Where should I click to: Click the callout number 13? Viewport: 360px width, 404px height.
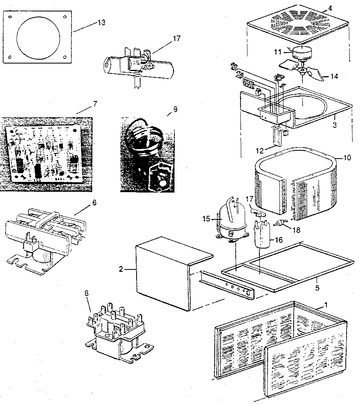(101, 22)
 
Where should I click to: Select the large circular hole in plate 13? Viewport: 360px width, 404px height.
(38, 36)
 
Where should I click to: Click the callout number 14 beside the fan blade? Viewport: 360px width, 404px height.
(334, 77)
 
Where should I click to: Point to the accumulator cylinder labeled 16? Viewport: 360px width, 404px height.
(260, 235)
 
